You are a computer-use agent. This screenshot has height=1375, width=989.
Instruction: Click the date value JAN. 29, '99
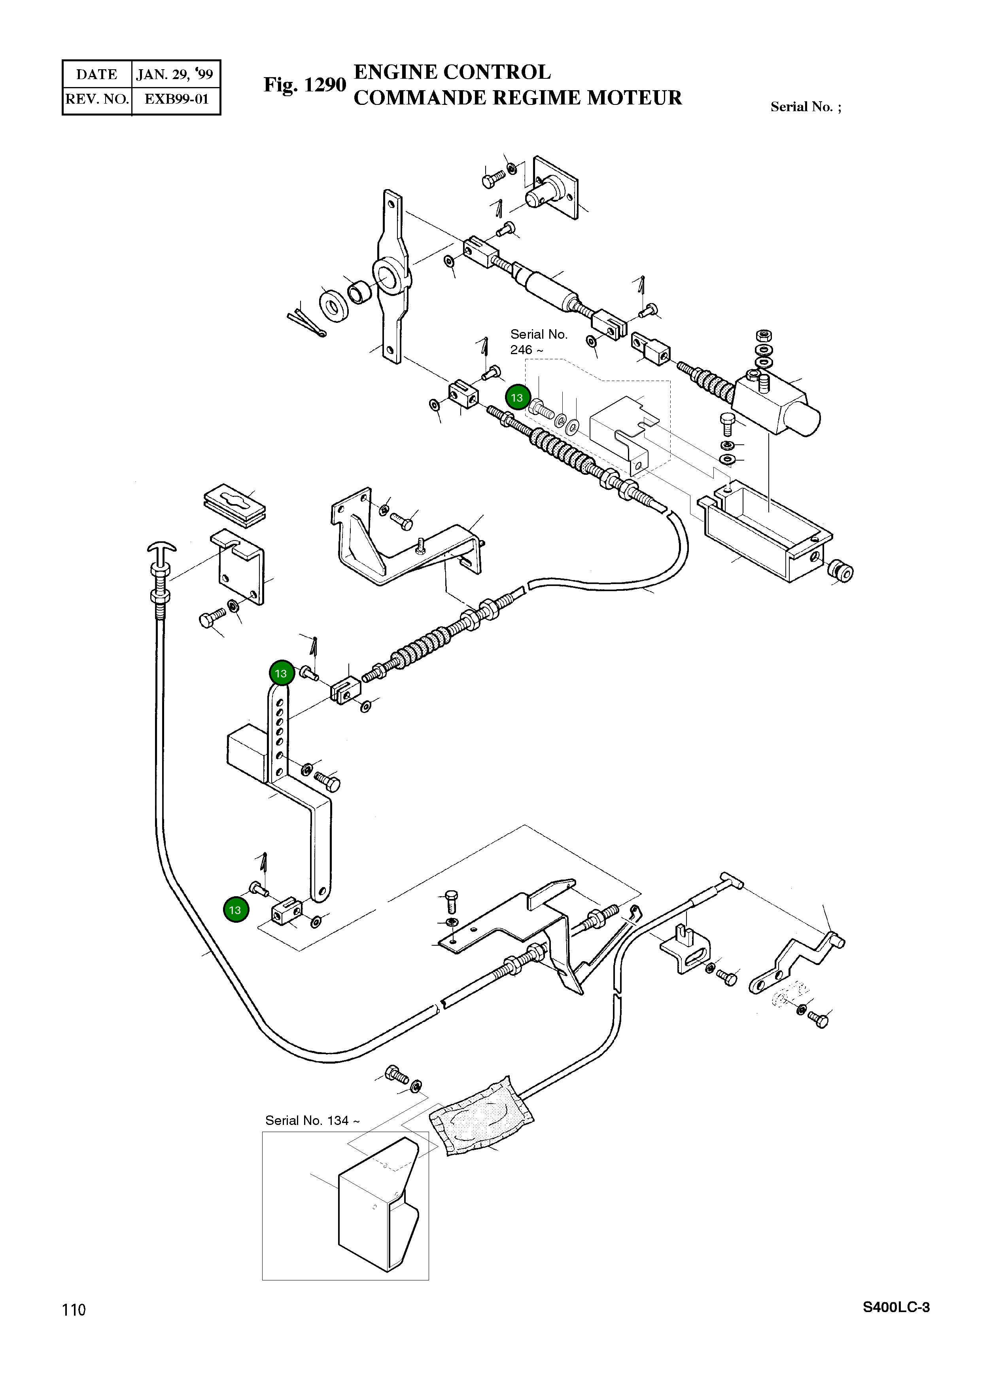(174, 74)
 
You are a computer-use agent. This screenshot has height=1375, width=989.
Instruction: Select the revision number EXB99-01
(176, 99)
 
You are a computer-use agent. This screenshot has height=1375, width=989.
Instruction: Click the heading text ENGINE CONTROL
(452, 72)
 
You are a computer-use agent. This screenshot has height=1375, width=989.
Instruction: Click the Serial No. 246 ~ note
(539, 342)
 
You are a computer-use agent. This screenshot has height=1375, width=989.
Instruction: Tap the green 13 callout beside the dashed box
(517, 398)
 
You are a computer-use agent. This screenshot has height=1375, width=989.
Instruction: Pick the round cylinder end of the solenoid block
(805, 418)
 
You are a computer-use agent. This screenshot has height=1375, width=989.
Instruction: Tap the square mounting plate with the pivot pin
(554, 187)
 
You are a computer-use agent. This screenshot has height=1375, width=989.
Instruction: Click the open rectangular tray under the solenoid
(766, 532)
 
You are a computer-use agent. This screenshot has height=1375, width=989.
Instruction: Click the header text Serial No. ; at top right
(806, 107)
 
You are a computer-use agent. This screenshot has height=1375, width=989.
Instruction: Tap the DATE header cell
(97, 74)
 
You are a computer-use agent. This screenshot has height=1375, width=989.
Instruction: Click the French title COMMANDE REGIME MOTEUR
(518, 98)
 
